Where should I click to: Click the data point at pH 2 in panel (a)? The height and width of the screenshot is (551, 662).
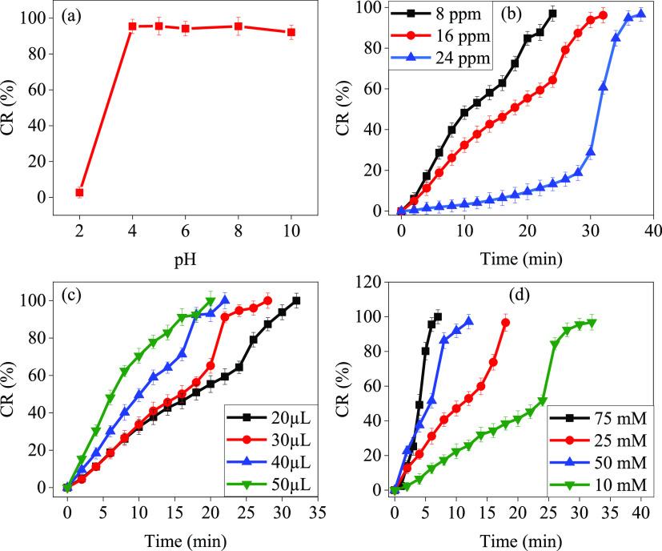(79, 192)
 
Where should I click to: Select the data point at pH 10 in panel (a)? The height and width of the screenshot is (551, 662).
(291, 33)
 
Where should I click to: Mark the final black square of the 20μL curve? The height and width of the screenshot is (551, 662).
(296, 301)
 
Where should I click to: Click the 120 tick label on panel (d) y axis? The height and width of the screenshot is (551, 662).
(369, 282)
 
